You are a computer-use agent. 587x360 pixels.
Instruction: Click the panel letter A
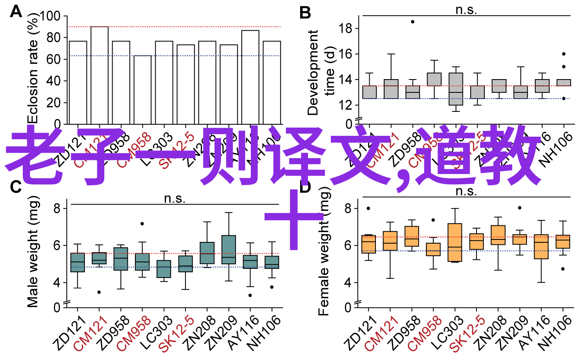[16, 12]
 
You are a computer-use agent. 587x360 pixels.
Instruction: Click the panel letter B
[305, 13]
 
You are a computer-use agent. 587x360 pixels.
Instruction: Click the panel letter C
[16, 187]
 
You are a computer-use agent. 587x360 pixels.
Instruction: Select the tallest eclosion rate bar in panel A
[99, 75]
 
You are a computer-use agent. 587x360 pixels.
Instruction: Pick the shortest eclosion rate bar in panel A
[142, 89]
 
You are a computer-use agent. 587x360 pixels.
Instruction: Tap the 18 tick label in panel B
[345, 29]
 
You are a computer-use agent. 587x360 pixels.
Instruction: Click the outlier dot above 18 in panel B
[413, 22]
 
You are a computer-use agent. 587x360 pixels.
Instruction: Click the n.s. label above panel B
[466, 10]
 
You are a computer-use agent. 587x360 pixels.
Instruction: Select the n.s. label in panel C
[175, 198]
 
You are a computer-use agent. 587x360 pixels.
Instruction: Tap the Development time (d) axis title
[320, 72]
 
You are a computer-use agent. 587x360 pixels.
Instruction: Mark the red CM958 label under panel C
[134, 333]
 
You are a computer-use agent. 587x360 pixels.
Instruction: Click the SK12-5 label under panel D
[468, 333]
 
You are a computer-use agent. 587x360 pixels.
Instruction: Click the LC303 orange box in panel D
[455, 243]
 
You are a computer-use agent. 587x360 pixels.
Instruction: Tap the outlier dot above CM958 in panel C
[142, 224]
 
